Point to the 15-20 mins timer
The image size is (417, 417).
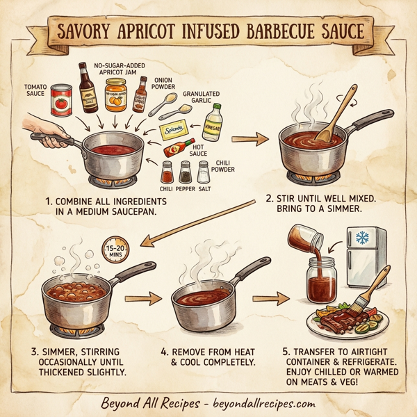pyautogui.click(x=115, y=252)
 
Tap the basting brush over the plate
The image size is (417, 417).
pyautogui.click(x=375, y=289)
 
